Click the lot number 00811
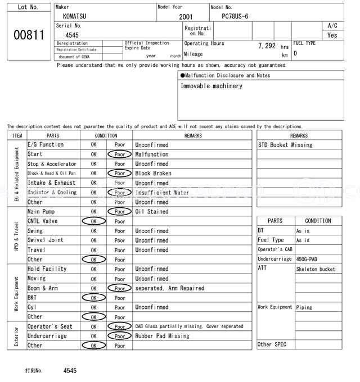[28, 35]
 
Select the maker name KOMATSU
[75, 17]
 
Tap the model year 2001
[186, 17]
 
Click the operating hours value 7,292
[267, 46]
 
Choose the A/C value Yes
[332, 35]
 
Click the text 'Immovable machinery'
[211, 86]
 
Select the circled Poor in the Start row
[119, 154]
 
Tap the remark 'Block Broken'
[153, 174]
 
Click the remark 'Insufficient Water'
[162, 193]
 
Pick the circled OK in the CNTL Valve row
[94, 221]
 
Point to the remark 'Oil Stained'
[151, 212]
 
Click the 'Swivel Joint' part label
[46, 240]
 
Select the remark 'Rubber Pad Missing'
[162, 336]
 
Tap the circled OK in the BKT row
[94, 298]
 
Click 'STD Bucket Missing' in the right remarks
[285, 145]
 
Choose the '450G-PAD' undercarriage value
[307, 259]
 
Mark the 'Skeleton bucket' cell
[316, 269]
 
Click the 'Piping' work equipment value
[304, 307]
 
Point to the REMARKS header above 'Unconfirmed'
[193, 135]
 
